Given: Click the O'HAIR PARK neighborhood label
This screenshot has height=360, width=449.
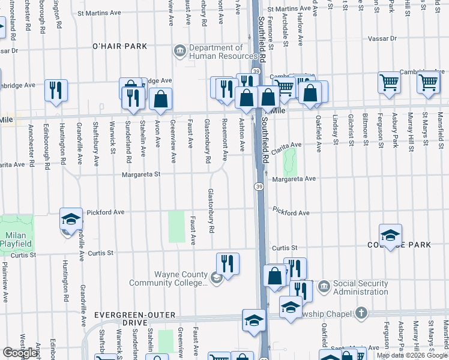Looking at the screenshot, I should tap(119, 46).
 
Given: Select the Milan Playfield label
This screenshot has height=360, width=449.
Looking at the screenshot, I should tap(16, 239).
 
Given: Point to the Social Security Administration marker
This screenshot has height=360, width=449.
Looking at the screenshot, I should tap(324, 284).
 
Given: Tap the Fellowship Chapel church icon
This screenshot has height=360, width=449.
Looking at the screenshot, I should tap(360, 312).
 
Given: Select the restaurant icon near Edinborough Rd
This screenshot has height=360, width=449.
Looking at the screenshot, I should tap(56, 90).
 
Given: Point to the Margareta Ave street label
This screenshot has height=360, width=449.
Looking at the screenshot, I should tap(294, 179).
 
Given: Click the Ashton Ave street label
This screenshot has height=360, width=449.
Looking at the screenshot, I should tap(243, 134).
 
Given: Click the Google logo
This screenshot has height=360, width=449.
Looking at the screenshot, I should tap(20, 353).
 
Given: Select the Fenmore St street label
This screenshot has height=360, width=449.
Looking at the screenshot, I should tap(271, 35).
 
